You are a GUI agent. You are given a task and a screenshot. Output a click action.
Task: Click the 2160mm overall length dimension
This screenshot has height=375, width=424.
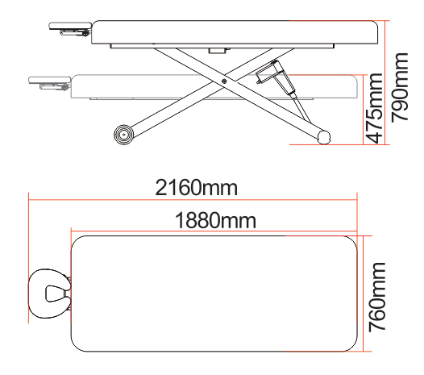click(196, 188)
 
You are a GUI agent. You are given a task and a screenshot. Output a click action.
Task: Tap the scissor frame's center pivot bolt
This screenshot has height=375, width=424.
click(223, 81)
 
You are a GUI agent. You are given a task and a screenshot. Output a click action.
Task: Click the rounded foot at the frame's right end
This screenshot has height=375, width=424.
click(323, 138)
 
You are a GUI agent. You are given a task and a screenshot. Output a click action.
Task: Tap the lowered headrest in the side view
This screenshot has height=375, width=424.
click(50, 81)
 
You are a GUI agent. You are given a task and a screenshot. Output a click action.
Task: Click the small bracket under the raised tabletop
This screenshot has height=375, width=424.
click(215, 50)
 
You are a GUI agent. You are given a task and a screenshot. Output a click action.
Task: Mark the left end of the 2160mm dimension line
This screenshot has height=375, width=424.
click(29, 198)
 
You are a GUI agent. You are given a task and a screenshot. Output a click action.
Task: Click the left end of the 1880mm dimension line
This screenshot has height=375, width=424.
click(73, 229)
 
